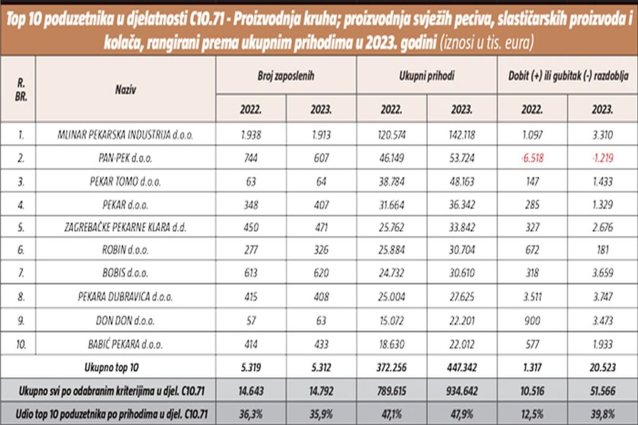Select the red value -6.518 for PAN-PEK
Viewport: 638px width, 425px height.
pyautogui.click(x=532, y=158)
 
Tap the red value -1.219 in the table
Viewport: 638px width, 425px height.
pyautogui.click(x=602, y=158)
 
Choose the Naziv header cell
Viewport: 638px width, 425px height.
pyautogui.click(x=126, y=89)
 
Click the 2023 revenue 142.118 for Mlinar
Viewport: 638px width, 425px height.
pyautogui.click(x=462, y=134)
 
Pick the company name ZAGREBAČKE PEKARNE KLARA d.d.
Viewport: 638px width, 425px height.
pyautogui.click(x=126, y=227)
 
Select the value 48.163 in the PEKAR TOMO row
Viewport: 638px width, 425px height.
pyautogui.click(x=462, y=181)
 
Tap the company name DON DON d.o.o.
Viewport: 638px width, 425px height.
pyautogui.click(x=126, y=319)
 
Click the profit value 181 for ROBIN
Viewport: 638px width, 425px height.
pyautogui.click(x=602, y=250)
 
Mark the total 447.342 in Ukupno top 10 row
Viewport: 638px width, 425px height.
pyautogui.click(x=462, y=367)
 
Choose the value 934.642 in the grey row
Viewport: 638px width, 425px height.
pyautogui.click(x=462, y=390)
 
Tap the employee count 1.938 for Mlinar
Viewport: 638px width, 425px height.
pyautogui.click(x=251, y=134)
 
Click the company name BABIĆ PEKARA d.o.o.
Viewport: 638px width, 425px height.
pyautogui.click(x=126, y=343)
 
